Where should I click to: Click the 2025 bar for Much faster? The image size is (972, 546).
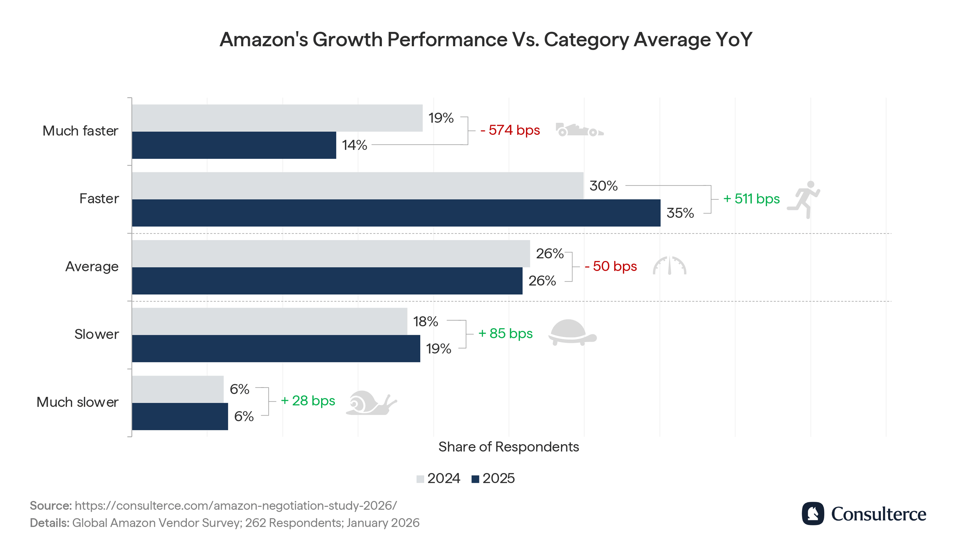234,145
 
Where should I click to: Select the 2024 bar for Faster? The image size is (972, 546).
357,186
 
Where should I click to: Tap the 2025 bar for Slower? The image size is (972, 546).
276,349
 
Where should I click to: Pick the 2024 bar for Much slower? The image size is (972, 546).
178,389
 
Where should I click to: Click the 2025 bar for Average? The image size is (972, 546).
327,281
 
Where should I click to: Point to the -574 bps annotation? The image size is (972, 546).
510,130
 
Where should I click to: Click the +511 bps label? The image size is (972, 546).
751,199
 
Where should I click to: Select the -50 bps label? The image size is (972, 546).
610,266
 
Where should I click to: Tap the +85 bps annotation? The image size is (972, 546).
505,334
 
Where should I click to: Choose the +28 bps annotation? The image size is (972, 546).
308,401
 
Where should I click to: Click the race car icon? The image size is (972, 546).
579,130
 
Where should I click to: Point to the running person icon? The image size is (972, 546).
804,199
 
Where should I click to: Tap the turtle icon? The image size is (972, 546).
572,332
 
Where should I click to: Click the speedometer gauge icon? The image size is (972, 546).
669,266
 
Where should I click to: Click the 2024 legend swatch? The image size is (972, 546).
420,479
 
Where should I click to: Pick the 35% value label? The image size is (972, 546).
680,213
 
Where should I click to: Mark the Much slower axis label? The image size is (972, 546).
77,402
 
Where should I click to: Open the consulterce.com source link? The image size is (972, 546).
236,506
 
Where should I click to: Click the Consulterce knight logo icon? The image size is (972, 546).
813,514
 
